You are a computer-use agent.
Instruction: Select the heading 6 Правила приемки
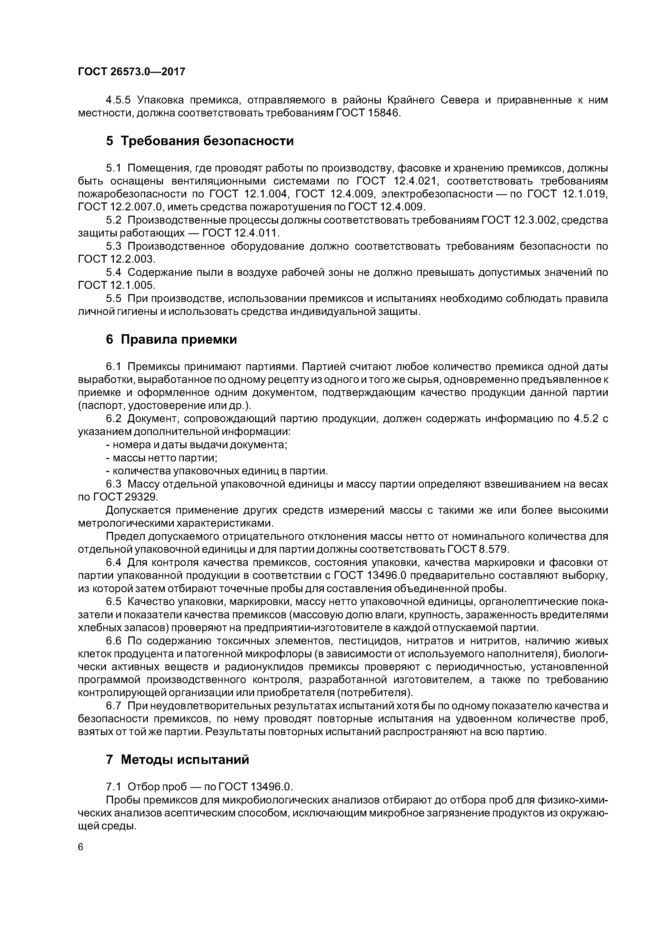click(x=171, y=339)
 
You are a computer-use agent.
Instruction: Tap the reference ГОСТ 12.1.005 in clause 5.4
click(x=117, y=286)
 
